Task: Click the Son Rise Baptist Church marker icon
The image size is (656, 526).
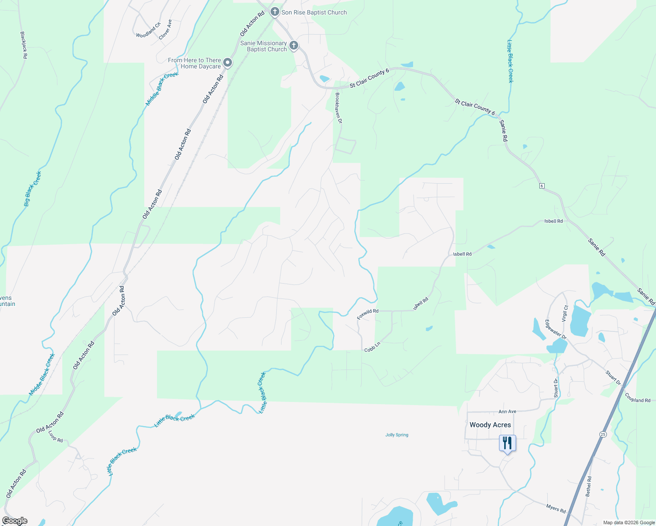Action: pyautogui.click(x=275, y=12)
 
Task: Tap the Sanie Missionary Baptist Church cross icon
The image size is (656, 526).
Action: pyautogui.click(x=294, y=46)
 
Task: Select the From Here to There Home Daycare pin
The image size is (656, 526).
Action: pyautogui.click(x=228, y=63)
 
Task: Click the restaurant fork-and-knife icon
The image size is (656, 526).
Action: pyautogui.click(x=507, y=443)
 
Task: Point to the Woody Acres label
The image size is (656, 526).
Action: pyautogui.click(x=490, y=425)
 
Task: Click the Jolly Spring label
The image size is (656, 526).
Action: pyautogui.click(x=396, y=435)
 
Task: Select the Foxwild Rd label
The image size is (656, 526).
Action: pyautogui.click(x=367, y=314)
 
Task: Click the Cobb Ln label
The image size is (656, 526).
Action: pyautogui.click(x=372, y=347)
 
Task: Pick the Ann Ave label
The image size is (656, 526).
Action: pyautogui.click(x=507, y=412)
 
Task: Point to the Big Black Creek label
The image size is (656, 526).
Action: pyautogui.click(x=32, y=189)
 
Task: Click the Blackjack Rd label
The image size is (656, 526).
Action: pyautogui.click(x=24, y=45)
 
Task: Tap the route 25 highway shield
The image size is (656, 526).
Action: pyautogui.click(x=603, y=434)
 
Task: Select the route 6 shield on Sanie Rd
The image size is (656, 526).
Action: pyautogui.click(x=542, y=186)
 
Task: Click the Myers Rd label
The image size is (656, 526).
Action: pyautogui.click(x=556, y=509)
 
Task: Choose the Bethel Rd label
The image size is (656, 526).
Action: pyautogui.click(x=588, y=486)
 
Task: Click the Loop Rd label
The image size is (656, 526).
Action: pyautogui.click(x=55, y=436)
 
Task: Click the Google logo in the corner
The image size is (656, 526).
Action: pyautogui.click(x=14, y=521)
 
